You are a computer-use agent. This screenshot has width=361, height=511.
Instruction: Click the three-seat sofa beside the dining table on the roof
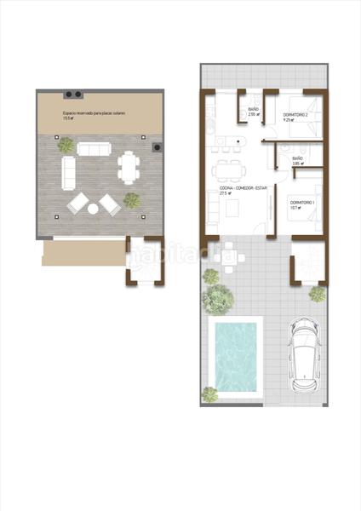[93, 148]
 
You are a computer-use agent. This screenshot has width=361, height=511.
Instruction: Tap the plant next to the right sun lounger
[132, 200]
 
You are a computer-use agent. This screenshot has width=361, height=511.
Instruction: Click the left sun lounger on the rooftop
[78, 204]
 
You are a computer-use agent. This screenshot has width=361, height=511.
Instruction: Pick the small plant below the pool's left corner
[209, 393]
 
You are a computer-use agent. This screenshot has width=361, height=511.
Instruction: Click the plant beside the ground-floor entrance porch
[317, 295]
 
